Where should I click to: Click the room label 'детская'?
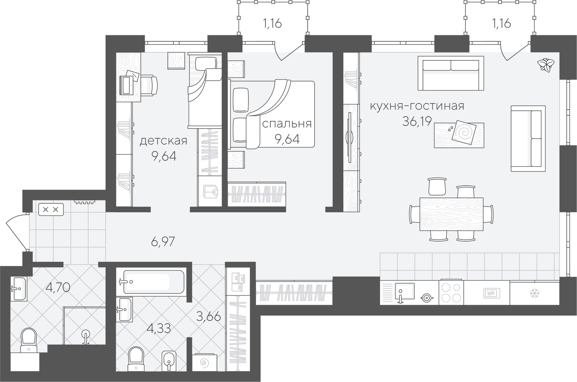pyautogui.click(x=163, y=141)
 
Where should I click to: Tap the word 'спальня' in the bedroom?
pyautogui.click(x=287, y=124)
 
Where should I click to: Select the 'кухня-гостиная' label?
pyautogui.click(x=417, y=106)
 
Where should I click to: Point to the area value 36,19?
pyautogui.click(x=417, y=121)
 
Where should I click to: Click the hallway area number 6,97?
pyautogui.click(x=163, y=242)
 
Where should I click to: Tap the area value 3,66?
pyautogui.click(x=208, y=316)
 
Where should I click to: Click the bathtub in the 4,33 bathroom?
pyautogui.click(x=154, y=282)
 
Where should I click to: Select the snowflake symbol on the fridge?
pyautogui.click(x=535, y=293)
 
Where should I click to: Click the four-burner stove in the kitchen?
pyautogui.click(x=451, y=293)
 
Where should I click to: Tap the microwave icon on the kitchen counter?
pyautogui.click(x=492, y=293)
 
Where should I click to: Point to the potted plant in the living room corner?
pyautogui.click(x=546, y=65)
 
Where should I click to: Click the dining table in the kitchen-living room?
pyautogui.click(x=451, y=214)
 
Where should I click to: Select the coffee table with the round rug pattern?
pyautogui.click(x=459, y=135)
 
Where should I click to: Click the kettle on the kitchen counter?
pyautogui.click(x=427, y=298)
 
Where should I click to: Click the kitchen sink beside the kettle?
pyautogui.click(x=405, y=291)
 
